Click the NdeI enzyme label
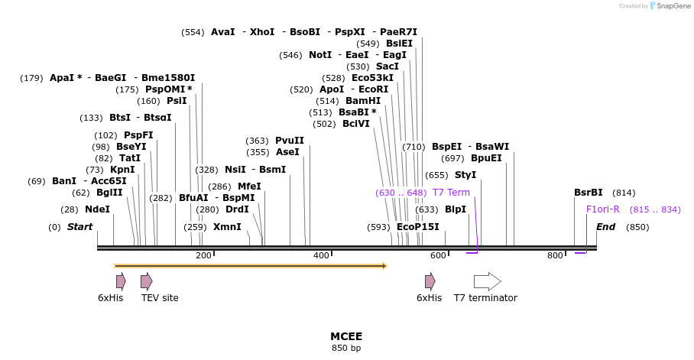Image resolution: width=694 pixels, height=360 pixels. [x=97, y=209]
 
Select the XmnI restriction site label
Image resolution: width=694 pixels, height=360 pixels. [x=227, y=227]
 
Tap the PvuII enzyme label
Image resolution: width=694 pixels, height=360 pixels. [x=290, y=141]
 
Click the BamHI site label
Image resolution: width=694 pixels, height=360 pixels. [x=363, y=101]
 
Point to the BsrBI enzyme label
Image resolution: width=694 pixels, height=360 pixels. [x=589, y=193]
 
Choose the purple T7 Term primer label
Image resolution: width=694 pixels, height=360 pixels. [x=451, y=193]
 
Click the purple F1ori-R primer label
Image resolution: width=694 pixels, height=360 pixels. [x=602, y=209]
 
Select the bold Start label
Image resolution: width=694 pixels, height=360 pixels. [x=79, y=227]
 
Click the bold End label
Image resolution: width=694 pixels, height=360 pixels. [x=605, y=227]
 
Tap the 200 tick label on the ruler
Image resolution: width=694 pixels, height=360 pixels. [x=203, y=255]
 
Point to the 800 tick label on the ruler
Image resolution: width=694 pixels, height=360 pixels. [x=555, y=255]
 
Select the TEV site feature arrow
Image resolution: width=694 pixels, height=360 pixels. [x=146, y=281]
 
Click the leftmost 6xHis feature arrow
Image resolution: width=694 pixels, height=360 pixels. [x=121, y=281]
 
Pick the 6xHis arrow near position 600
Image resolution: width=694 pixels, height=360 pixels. [x=430, y=281]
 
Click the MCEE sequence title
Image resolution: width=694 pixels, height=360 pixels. [x=346, y=336]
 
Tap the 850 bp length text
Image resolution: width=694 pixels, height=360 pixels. [x=346, y=349]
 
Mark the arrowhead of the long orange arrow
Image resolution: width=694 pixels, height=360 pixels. [x=384, y=266]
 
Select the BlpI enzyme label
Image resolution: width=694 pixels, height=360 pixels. [x=456, y=209]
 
